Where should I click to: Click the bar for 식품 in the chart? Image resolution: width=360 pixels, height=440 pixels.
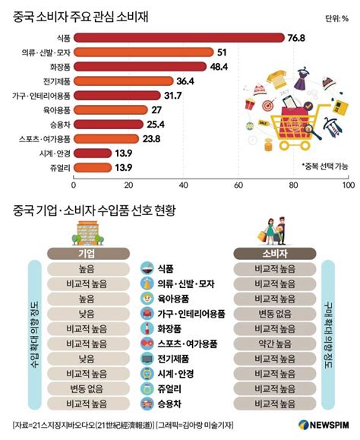point(178,37)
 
